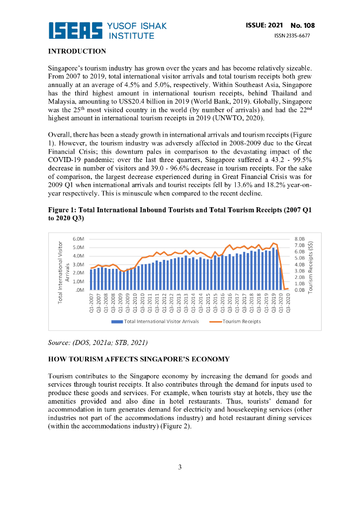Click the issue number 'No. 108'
tap(302, 25)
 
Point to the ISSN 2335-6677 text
tap(292, 35)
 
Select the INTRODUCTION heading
tap(77, 51)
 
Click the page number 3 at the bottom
tap(180, 467)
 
